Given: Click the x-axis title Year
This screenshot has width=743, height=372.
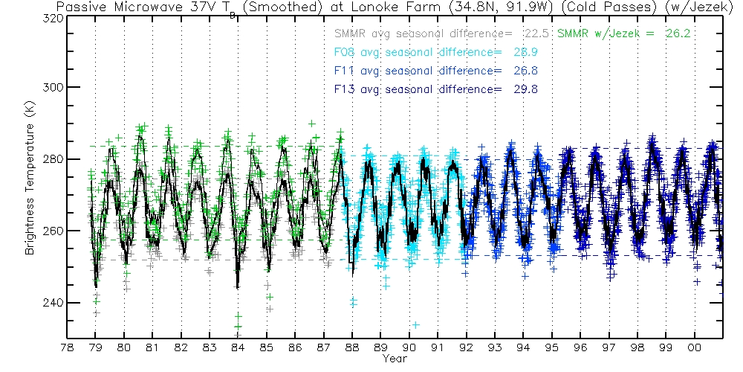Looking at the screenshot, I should tap(395, 359).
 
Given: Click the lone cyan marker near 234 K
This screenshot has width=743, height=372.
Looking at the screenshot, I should tap(416, 325).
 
